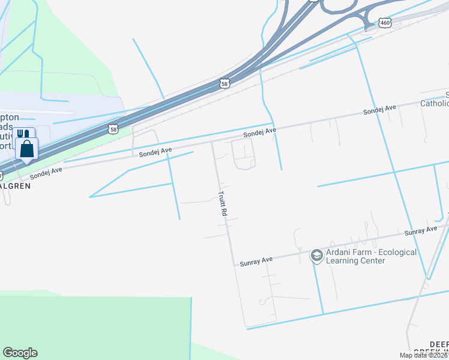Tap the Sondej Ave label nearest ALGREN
pos(46,173)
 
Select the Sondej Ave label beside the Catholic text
pos(379,109)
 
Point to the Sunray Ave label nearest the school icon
pos(256,260)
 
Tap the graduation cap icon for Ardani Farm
pos(316,256)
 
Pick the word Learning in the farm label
pos(343,263)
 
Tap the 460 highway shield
pos(385,23)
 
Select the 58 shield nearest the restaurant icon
pos(113,128)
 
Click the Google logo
pos(20,353)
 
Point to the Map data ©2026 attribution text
pos(423,355)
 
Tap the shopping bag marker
pos(27,149)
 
